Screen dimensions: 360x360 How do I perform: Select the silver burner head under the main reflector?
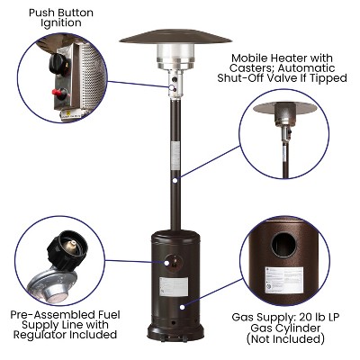(175, 56)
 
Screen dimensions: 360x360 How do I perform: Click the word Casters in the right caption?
(241, 67)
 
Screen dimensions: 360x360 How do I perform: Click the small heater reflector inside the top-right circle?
(283, 108)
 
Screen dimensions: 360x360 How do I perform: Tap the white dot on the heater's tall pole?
(174, 180)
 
